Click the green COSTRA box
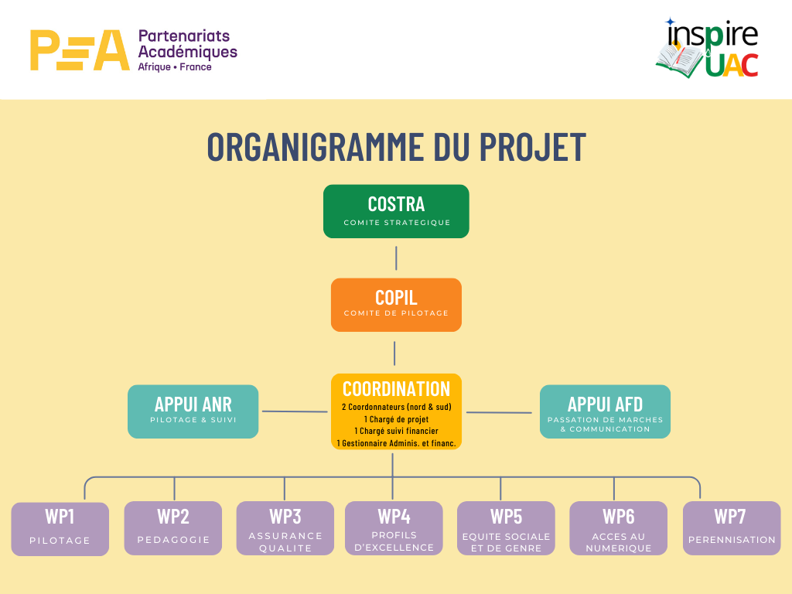tap(396, 211)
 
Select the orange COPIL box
tap(396, 305)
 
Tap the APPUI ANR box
tap(193, 411)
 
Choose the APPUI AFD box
tap(605, 411)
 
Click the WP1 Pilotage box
tap(60, 528)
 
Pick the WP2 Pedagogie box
tap(173, 528)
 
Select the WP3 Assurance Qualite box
tap(285, 528)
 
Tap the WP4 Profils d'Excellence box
tap(394, 528)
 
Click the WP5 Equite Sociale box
tap(506, 528)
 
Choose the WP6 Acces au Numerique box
tap(618, 528)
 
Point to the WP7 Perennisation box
tap(731, 528)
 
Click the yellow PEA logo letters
tap(79, 50)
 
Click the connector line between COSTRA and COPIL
tap(396, 258)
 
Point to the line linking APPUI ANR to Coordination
tap(295, 411)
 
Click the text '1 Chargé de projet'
tap(396, 418)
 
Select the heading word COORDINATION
tap(396, 389)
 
